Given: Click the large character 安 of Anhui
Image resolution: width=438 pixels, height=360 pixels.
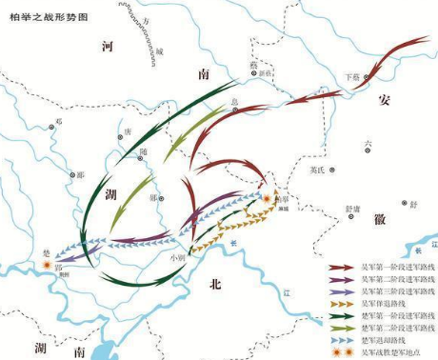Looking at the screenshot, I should coord(384,99).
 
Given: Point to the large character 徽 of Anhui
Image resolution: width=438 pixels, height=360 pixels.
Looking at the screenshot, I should coord(380,218).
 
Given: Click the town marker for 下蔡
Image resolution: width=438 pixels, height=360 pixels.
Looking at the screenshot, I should coord(364,77).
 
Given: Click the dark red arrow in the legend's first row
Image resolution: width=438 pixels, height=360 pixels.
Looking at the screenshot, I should coord(342,269).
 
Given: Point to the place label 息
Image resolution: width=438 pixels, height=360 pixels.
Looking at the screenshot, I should coord(233,100).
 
